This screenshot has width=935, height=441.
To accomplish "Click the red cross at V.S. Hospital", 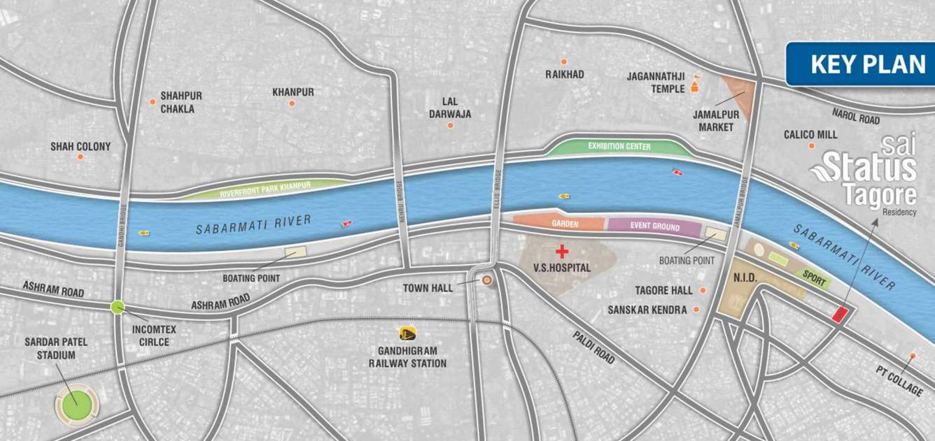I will tap(561, 251).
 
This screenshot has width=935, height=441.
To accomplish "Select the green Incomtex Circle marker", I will tap(118, 306).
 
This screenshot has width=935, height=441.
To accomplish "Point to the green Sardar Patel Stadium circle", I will tap(76, 405).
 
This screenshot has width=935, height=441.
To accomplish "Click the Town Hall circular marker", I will tap(487, 281).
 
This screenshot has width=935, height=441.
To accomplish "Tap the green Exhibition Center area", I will tap(619, 147).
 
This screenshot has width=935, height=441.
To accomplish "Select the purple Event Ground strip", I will tap(654, 227).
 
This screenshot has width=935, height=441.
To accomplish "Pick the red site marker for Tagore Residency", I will tap(839, 314).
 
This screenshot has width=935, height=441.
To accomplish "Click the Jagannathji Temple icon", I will tap(695, 86).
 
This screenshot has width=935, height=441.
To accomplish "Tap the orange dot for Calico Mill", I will tap(811, 146).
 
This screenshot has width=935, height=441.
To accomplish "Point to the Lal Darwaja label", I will tap(451, 108).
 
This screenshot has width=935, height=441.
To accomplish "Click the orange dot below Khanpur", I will tap(292, 103).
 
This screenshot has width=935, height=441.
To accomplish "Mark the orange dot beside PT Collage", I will tap(913, 356).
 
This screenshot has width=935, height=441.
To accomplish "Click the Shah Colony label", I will tap(80, 147).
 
